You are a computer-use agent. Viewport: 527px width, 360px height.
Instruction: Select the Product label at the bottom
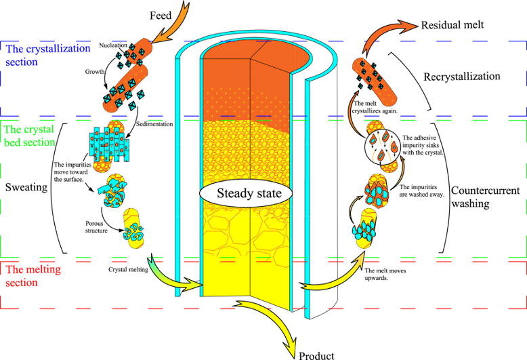(316, 353)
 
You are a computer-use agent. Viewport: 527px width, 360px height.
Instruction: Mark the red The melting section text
(30, 275)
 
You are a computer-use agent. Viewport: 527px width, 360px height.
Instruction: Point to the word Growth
(94, 70)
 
